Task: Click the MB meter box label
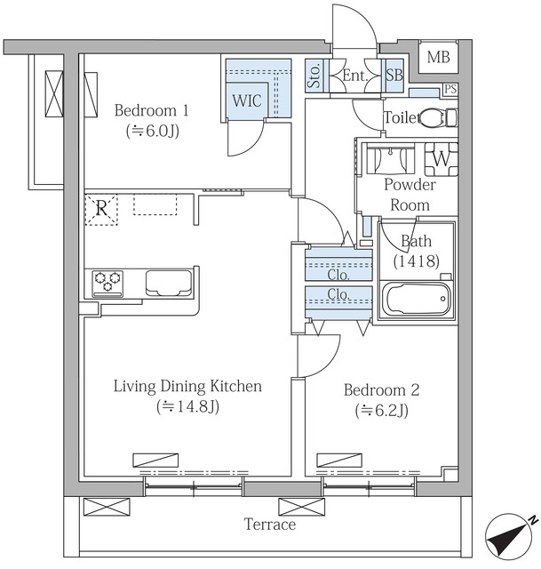[x=438, y=57]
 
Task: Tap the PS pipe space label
[x=450, y=89]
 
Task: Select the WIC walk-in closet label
[x=247, y=100]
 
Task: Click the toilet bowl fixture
[x=438, y=118]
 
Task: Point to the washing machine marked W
[x=442, y=159]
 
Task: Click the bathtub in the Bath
[x=417, y=300]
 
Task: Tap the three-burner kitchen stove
[x=107, y=284]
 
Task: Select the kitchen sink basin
[x=169, y=283]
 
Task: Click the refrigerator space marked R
[x=101, y=210]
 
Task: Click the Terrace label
[x=270, y=525]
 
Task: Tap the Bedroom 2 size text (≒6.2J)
[x=382, y=411]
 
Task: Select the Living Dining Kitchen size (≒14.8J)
[x=187, y=406]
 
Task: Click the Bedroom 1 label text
[x=152, y=110]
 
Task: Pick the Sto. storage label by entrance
[x=314, y=76]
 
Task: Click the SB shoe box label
[x=394, y=75]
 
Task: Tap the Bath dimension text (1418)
[x=417, y=260]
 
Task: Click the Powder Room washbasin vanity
[x=390, y=159]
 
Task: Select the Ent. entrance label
[x=355, y=76]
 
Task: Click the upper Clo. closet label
[x=338, y=275]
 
